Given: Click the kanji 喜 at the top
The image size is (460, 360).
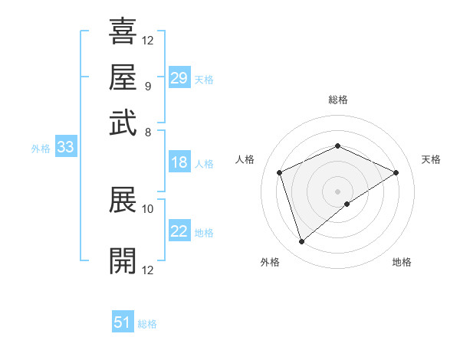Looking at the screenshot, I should (123, 31).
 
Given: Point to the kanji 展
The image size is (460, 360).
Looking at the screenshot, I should (123, 199).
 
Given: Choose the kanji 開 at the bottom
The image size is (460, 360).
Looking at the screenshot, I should (123, 260).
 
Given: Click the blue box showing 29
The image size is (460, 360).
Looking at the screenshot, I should (179, 78).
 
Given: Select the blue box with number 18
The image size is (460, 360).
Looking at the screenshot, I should (179, 162).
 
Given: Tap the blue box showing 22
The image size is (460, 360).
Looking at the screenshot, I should (179, 232).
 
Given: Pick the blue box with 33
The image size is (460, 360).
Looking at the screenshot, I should (65, 148).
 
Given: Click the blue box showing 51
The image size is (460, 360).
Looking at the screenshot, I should (123, 323).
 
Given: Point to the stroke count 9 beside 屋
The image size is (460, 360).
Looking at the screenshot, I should (147, 85).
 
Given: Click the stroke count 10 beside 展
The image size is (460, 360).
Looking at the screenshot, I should (148, 208).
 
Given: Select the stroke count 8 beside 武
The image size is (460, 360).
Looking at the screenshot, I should (147, 131).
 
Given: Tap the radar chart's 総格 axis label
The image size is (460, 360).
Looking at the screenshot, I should (338, 100).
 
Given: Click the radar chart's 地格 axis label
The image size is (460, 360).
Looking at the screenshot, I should (402, 262).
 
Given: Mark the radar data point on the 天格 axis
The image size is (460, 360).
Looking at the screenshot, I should (396, 172).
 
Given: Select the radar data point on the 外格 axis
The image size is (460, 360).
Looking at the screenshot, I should (301, 242).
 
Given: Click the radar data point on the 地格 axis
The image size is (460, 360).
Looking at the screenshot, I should (347, 204).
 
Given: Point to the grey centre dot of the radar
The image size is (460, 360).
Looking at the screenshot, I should (338, 191).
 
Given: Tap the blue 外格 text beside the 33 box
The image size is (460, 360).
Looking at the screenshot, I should (41, 149).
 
